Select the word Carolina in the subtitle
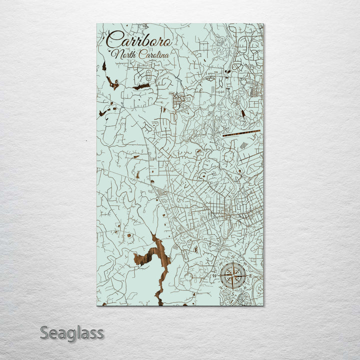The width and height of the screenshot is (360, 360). click(153, 54)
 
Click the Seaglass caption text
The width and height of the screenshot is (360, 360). click(72, 332)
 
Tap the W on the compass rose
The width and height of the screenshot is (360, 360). click(216, 275)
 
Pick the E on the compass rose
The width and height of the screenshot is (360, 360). click(250, 275)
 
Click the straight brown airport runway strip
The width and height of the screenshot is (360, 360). click(241, 133)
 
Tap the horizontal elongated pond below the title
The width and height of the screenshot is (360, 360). click(141, 86)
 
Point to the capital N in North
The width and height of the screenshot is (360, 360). click(115, 54)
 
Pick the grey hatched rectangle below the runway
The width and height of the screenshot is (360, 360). click(243, 145)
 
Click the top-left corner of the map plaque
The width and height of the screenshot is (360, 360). click(97, 23)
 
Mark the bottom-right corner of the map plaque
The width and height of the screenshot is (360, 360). click(263, 305)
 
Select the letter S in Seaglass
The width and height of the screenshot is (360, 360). click(44, 332)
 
